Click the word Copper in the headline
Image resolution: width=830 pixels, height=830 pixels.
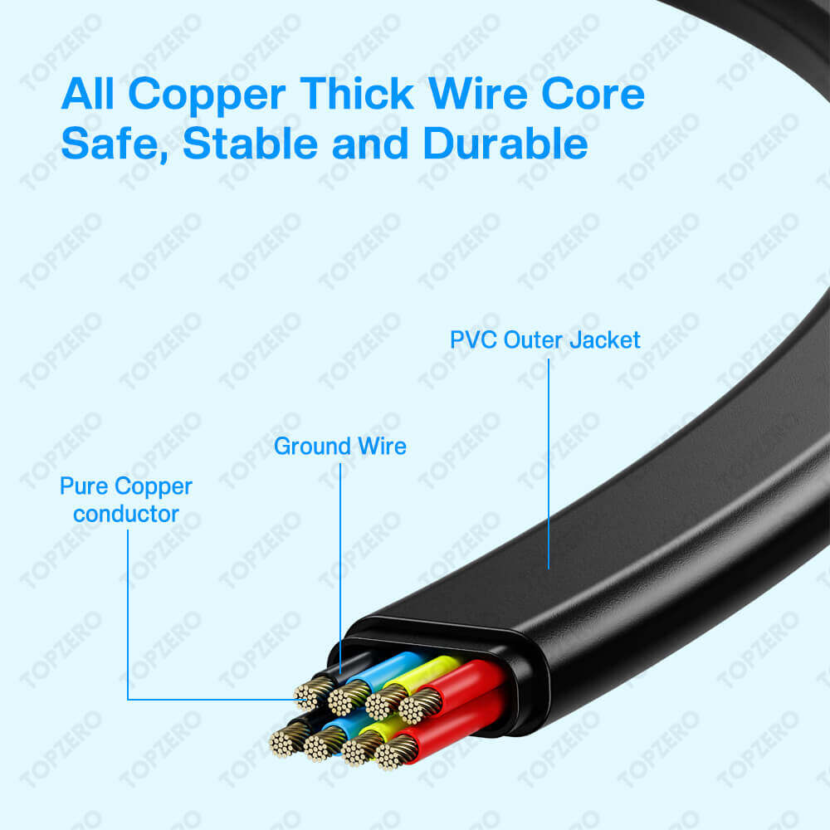pos(207,95)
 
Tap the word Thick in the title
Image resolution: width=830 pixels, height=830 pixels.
pos(357,94)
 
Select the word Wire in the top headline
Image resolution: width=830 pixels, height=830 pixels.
pos(477,94)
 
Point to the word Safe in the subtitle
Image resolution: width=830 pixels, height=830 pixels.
pos(115,144)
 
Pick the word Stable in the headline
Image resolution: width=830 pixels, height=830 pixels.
pos(250,143)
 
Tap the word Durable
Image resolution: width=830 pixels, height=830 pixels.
pos(505,143)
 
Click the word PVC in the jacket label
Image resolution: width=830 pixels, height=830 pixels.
pos(474,339)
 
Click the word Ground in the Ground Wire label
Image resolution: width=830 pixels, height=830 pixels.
pos(313,447)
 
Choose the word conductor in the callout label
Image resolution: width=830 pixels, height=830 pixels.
pos(126,514)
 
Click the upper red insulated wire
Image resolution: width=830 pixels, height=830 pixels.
pos(466,683)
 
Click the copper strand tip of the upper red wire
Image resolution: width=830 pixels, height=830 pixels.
pos(420,705)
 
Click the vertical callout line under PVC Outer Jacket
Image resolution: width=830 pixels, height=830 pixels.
pos(549,464)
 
